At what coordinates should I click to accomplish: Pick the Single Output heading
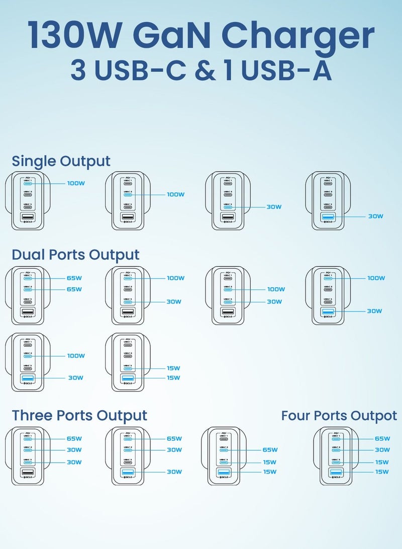coord(61,162)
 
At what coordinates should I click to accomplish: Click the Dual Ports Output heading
coord(75,255)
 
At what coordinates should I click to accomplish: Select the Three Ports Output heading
coord(79,416)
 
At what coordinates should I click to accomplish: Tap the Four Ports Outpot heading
coord(339,416)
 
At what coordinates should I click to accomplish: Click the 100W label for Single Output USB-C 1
coord(76,183)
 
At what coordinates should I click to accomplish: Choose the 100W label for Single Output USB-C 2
coord(175,194)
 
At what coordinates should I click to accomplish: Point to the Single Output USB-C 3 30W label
coord(274,207)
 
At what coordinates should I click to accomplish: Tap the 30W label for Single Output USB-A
coord(375,216)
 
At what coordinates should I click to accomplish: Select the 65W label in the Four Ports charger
coord(382,439)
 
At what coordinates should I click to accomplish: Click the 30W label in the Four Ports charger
coord(382,450)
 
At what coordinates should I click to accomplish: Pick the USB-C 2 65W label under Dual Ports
coord(74,289)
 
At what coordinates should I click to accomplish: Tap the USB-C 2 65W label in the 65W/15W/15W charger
coord(270,450)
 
